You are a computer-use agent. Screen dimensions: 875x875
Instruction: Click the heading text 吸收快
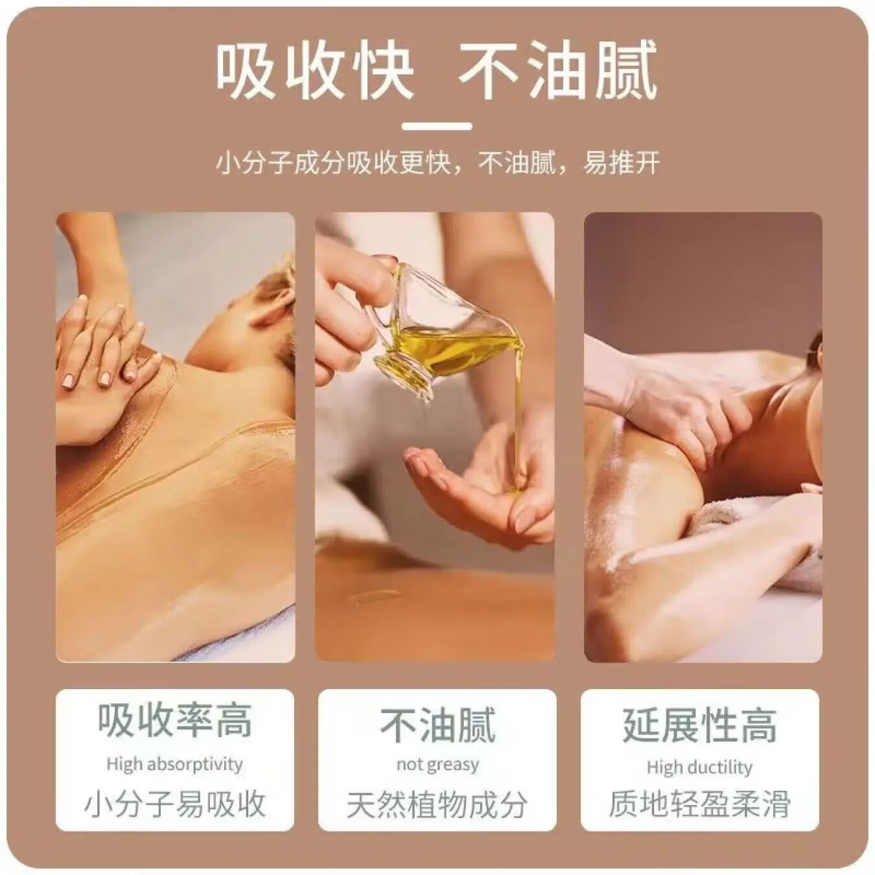click(314, 71)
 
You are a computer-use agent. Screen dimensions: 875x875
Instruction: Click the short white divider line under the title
click(437, 126)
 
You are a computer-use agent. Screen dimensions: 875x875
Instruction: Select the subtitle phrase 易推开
click(621, 163)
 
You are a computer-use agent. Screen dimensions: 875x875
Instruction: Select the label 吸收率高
click(175, 721)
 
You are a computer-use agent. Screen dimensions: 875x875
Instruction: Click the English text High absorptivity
click(175, 764)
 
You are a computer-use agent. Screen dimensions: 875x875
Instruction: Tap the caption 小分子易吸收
click(175, 804)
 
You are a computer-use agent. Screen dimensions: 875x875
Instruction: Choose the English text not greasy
click(437, 765)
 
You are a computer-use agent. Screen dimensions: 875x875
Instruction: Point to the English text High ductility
click(700, 767)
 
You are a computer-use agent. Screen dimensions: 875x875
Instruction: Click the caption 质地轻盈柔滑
click(700, 804)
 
